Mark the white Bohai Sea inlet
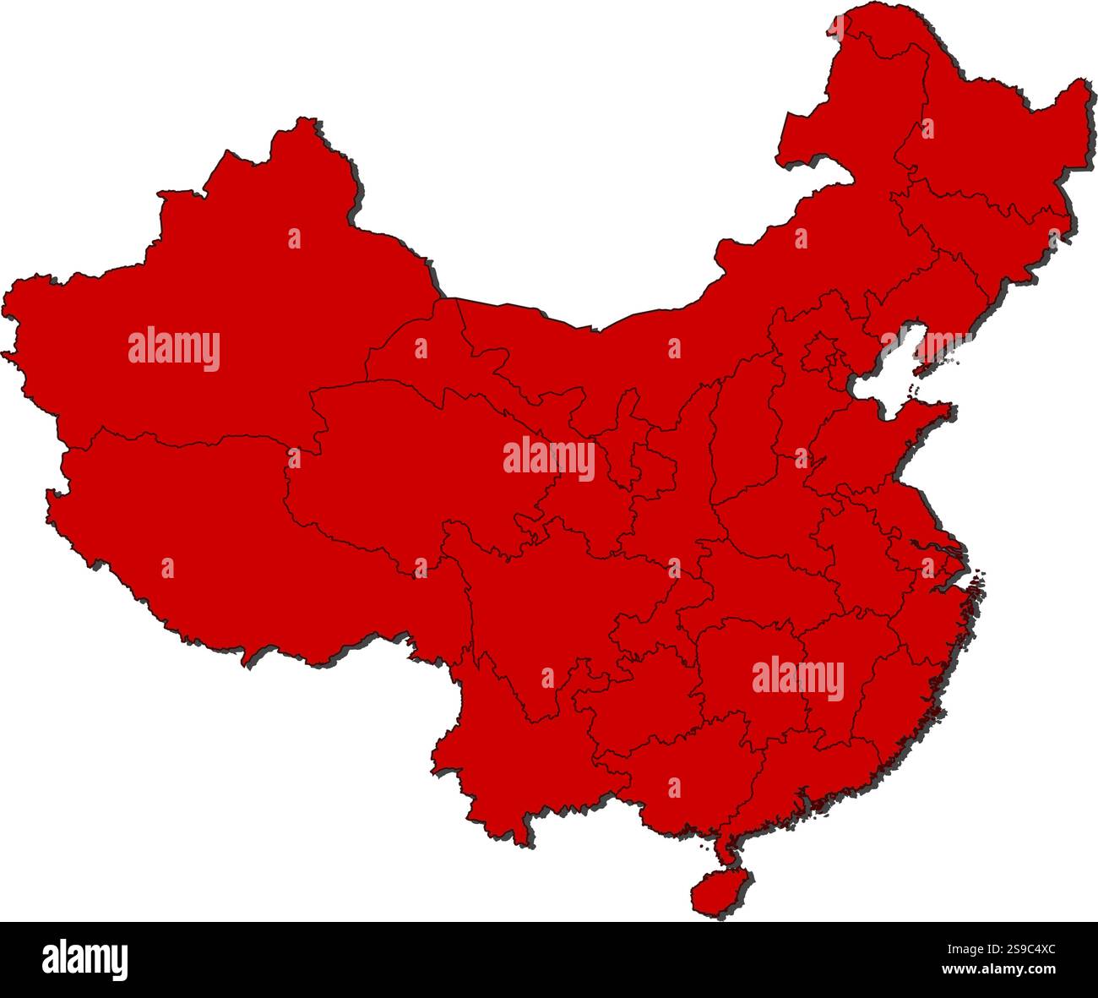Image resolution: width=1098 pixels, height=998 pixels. pyautogui.click(x=887, y=372)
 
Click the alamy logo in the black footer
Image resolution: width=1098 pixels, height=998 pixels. pyautogui.click(x=84, y=959)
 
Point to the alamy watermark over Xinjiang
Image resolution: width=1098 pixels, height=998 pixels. pyautogui.click(x=174, y=349)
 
